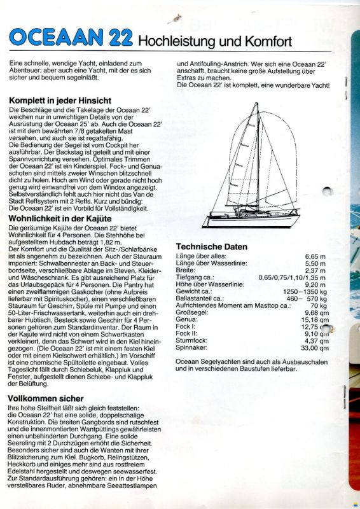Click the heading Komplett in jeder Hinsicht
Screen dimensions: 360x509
click(x=60, y=101)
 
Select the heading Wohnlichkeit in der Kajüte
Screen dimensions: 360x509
click(x=70, y=219)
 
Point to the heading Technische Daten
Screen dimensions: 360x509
click(x=212, y=246)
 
